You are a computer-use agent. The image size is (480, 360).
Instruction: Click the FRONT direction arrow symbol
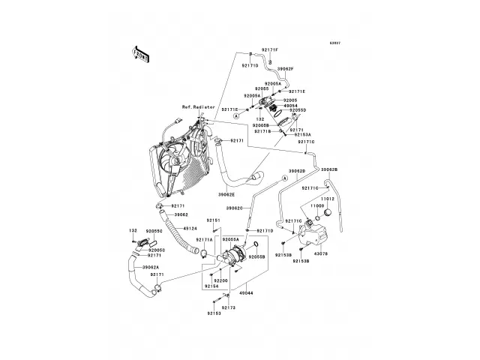(x=141, y=53)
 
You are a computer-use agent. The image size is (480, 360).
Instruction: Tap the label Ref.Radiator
(x=188, y=108)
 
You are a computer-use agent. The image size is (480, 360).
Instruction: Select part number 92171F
(x=269, y=49)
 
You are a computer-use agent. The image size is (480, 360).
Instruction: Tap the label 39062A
(x=148, y=267)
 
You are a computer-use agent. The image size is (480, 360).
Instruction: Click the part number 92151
(x=213, y=220)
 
